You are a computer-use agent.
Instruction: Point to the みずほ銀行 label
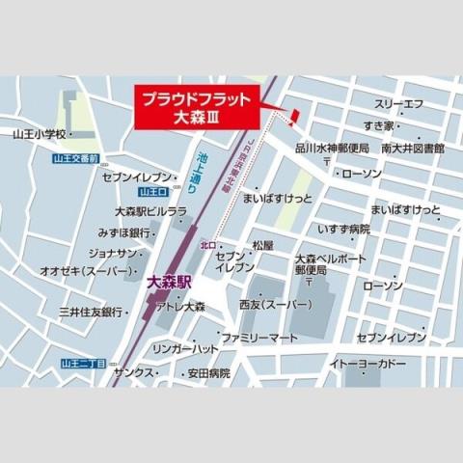[x=124, y=232]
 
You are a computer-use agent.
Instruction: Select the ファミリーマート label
[x=259, y=340]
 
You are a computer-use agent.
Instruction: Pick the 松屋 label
[x=263, y=246]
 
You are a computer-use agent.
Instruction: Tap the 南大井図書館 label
[x=412, y=149]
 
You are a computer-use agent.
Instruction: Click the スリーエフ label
[x=397, y=103]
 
